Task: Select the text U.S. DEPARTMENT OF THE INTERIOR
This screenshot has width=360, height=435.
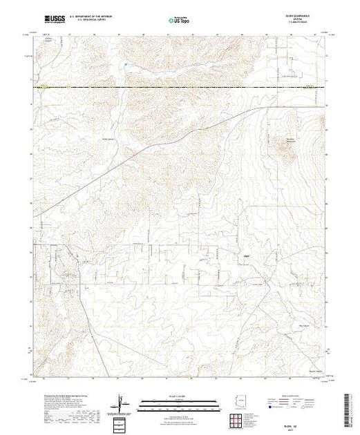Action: click(97, 19)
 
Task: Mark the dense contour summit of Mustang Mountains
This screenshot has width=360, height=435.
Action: click(285, 146)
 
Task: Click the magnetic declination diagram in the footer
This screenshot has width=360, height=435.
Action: click(122, 403)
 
